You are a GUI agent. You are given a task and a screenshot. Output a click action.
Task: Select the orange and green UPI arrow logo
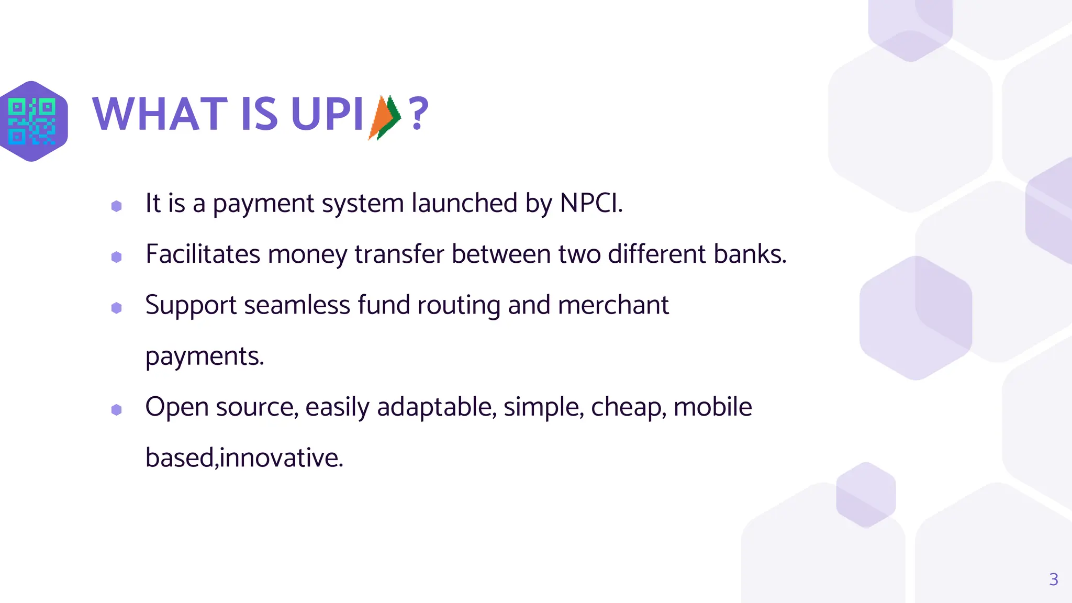(385, 117)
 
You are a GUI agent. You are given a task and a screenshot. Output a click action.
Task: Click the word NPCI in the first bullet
(591, 203)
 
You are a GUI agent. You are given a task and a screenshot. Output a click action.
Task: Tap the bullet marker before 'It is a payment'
(117, 206)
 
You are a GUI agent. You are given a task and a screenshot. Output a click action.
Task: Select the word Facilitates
(203, 254)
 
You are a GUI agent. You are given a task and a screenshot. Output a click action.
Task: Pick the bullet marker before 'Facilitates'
(117, 257)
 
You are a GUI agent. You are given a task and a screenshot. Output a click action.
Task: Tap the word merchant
(613, 305)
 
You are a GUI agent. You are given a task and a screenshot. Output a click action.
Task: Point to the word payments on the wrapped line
(204, 357)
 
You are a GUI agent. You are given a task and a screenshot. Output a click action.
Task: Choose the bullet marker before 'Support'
(117, 308)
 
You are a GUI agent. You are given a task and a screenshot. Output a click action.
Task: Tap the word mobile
(712, 407)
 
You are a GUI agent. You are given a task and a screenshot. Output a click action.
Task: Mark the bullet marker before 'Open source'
(117, 410)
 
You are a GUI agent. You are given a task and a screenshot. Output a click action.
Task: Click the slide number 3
(1054, 579)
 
